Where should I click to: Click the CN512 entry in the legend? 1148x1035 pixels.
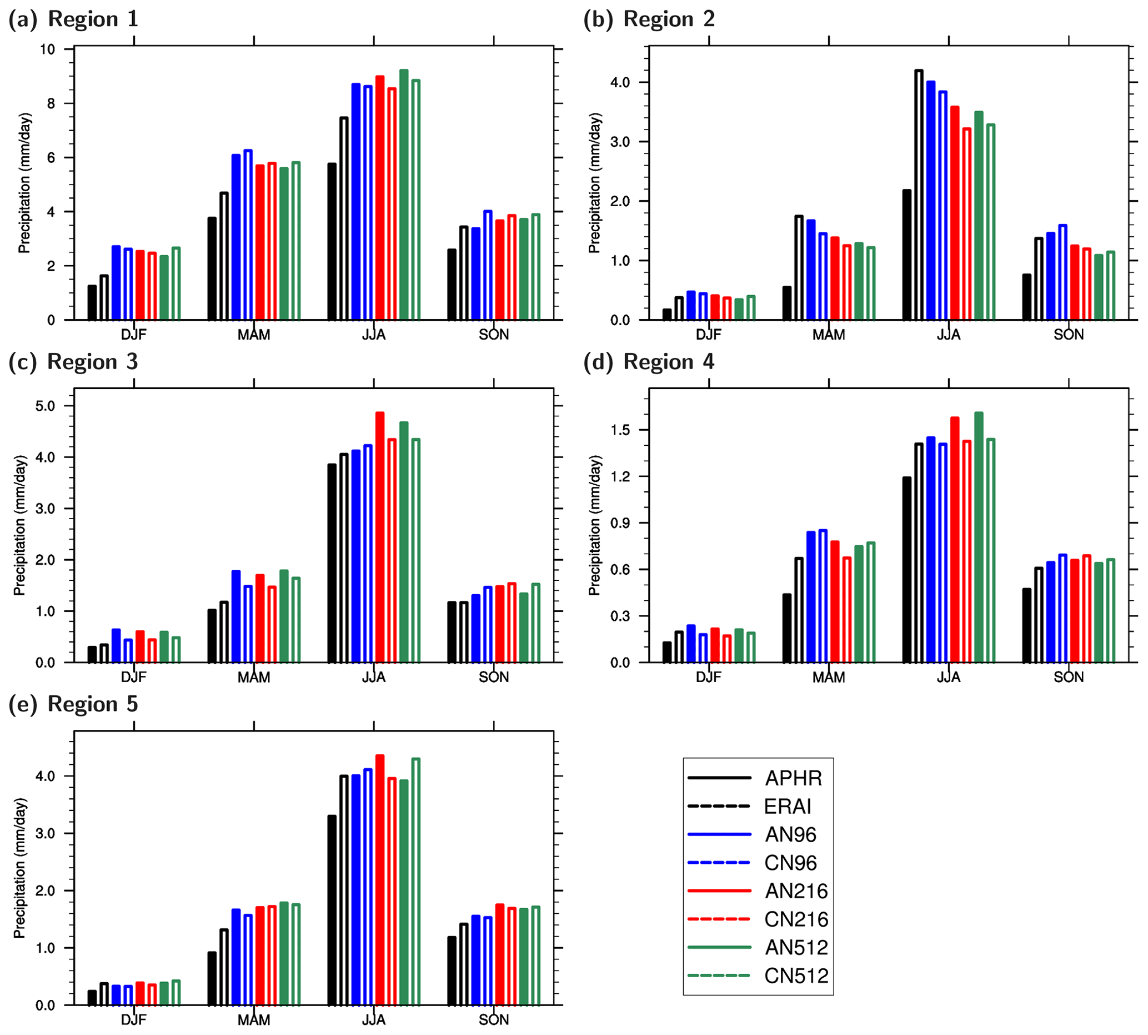pos(796,976)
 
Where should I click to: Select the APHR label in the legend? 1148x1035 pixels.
pos(793,778)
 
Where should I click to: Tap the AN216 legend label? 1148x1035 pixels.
pos(796,891)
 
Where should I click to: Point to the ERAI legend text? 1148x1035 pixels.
pos(788,807)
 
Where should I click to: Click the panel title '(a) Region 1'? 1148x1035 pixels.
pos(73,19)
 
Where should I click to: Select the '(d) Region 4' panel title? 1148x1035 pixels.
pos(649,362)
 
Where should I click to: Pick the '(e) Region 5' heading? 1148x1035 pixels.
pos(73,704)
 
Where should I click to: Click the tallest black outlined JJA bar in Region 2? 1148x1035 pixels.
pos(919,195)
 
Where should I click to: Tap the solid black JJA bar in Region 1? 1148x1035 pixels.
pos(332,242)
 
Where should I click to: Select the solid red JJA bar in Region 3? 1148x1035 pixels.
pos(380,538)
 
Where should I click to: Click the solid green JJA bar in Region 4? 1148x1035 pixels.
pos(979,538)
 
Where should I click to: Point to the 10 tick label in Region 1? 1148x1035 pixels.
pos(48,49)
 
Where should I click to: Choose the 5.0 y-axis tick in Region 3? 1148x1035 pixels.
pos(45,406)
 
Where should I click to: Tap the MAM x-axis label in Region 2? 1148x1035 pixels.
pos(829,335)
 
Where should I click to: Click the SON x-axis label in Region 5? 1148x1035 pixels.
pos(493,1019)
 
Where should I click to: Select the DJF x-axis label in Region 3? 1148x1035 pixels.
pos(133,677)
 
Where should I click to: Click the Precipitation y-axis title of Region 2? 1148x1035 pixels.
pos(594,183)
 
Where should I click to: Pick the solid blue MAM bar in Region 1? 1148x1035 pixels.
pos(236,237)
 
